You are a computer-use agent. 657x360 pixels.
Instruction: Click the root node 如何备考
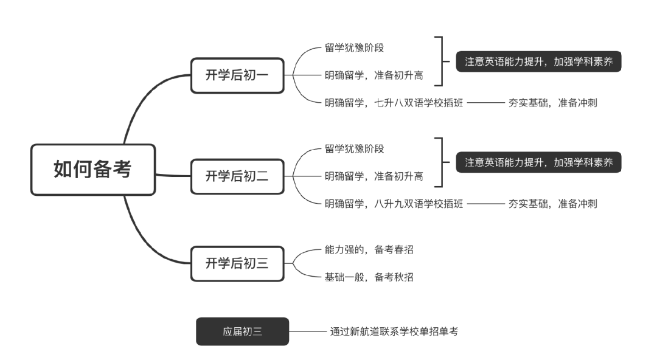click(92, 170)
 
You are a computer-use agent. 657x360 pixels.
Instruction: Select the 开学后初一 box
click(237, 75)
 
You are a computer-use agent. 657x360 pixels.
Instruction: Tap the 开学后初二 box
click(237, 176)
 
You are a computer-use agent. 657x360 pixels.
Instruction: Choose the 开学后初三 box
click(237, 263)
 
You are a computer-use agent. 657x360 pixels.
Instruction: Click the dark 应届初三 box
click(242, 331)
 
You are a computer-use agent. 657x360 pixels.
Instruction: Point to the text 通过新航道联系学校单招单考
click(394, 331)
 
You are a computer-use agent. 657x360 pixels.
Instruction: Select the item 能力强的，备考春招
click(369, 249)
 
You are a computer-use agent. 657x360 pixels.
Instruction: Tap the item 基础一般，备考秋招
click(369, 277)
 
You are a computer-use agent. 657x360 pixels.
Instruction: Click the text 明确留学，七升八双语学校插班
click(394, 103)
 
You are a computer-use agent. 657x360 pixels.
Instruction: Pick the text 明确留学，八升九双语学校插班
click(394, 204)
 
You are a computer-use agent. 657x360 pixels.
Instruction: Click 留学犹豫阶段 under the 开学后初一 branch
click(354, 48)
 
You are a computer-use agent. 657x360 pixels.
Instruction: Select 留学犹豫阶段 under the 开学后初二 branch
click(354, 149)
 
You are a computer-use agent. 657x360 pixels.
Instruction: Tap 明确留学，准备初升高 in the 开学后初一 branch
click(374, 75)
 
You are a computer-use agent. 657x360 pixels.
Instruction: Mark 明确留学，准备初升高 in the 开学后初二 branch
click(374, 176)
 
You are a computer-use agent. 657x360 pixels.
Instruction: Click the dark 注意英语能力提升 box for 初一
click(538, 61)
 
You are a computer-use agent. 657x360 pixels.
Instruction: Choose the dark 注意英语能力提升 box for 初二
click(538, 162)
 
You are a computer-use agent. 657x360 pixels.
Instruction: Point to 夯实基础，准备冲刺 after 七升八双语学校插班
click(552, 103)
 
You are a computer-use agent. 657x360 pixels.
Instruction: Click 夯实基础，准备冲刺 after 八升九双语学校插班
click(552, 204)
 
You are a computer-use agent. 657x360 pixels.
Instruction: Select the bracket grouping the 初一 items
click(441, 61)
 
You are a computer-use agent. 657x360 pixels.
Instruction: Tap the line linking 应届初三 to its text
click(308, 331)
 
